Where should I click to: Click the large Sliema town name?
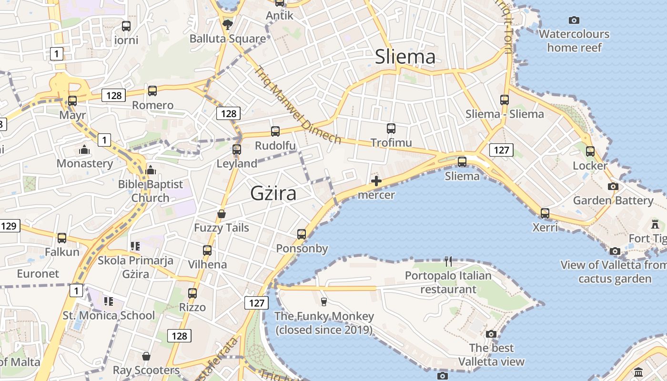click(405, 57)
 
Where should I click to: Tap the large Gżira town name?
click(273, 193)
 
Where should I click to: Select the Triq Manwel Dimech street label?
click(298, 105)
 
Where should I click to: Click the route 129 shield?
click(9, 225)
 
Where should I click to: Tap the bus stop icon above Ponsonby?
click(302, 234)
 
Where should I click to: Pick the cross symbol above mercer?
click(376, 181)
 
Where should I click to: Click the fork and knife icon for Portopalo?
click(448, 261)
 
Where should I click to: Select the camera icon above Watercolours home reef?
click(574, 20)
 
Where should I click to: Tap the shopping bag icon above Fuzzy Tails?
click(222, 214)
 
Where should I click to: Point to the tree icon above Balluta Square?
click(228, 24)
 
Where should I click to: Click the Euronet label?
click(38, 274)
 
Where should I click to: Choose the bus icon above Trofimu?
click(391, 128)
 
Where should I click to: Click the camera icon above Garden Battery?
click(613, 186)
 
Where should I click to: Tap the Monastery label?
click(85, 164)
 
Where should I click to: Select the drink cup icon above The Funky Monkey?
click(324, 301)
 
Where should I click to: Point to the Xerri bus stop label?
click(545, 227)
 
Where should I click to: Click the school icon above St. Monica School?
click(109, 301)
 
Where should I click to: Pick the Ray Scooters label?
click(146, 370)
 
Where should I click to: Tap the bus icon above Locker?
click(590, 151)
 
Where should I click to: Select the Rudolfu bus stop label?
click(275, 145)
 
